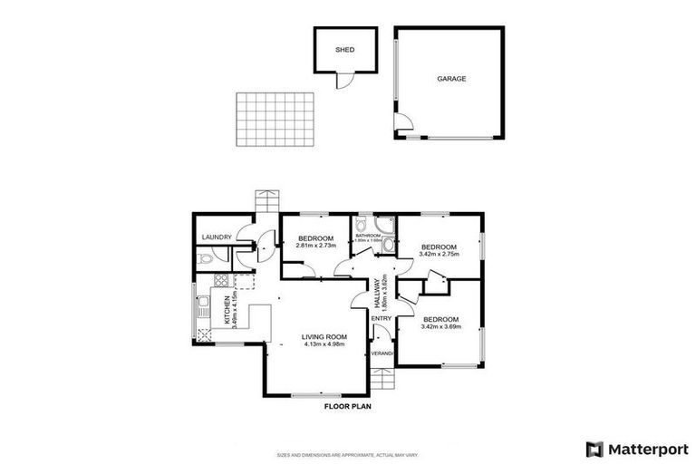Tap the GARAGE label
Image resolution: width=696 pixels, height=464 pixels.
(451, 79)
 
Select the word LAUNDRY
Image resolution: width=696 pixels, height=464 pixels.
(217, 237)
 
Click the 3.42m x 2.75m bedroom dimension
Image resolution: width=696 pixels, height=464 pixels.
(440, 255)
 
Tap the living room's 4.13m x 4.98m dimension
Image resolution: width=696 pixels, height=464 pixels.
(324, 344)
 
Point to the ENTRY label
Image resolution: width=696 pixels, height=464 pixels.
(382, 318)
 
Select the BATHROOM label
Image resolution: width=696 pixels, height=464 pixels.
(367, 236)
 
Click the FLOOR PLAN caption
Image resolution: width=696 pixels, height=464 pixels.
(347, 407)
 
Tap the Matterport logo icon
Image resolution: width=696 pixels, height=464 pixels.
(594, 448)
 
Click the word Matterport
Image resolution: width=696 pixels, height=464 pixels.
(647, 448)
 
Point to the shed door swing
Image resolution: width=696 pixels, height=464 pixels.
(343, 82)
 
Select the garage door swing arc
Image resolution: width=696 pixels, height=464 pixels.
(404, 124)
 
